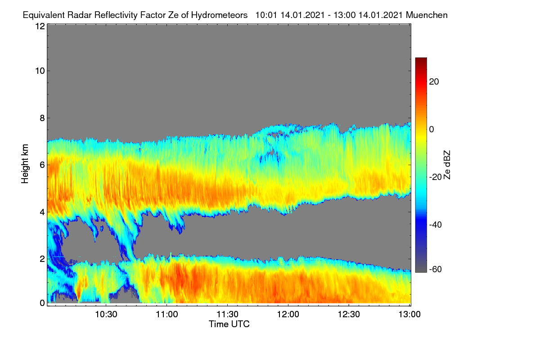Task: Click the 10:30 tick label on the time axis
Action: (106, 315)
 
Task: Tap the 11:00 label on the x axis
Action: (167, 315)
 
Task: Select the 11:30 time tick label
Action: (227, 315)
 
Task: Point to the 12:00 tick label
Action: (288, 315)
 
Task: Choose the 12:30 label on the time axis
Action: (349, 315)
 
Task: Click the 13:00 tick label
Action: (409, 315)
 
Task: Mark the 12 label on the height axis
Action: (40, 26)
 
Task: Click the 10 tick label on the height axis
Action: (40, 71)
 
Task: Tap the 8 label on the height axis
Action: (42, 118)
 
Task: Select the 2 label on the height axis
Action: (42, 259)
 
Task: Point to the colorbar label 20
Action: (434, 82)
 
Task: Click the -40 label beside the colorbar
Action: (436, 225)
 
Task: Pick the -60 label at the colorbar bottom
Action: (436, 270)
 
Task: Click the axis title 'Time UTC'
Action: (229, 324)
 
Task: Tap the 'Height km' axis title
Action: (25, 164)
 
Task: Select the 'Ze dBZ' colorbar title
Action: (447, 165)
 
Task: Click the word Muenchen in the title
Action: (427, 15)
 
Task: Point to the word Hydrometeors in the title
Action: (220, 15)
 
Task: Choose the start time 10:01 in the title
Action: (266, 15)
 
